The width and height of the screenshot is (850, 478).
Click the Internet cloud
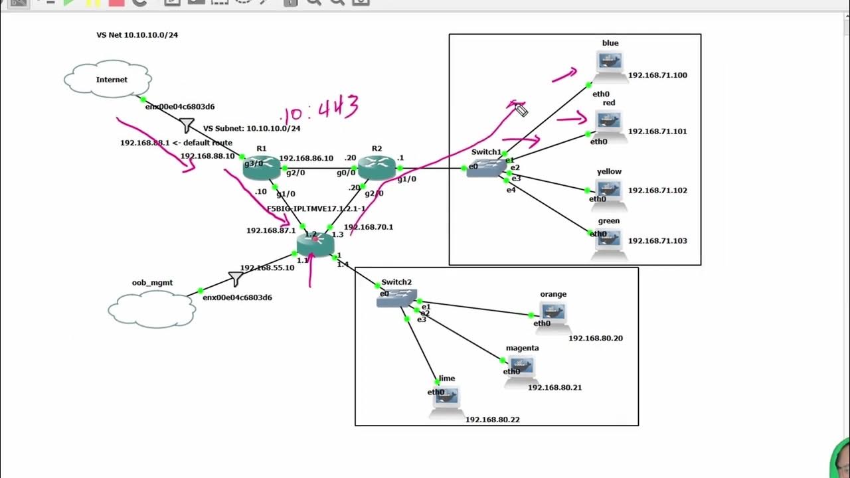point(108,80)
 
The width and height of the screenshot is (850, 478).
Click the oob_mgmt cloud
point(152,309)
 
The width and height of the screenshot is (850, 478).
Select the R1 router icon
point(261,167)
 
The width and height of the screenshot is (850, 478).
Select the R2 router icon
point(377,167)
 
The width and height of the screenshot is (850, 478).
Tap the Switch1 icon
point(486,167)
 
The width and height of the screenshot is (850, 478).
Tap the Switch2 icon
point(396,298)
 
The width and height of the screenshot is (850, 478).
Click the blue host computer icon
point(610,64)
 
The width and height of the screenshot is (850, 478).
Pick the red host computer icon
point(610,124)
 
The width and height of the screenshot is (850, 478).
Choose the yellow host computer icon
point(609,193)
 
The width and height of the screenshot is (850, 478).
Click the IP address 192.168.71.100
point(657,75)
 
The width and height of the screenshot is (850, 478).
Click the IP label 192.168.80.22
point(492,420)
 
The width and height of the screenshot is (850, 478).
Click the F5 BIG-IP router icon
point(315,244)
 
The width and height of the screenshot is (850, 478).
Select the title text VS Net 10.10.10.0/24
point(137,35)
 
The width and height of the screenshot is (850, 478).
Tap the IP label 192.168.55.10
point(267,268)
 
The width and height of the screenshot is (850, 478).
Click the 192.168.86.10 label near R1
point(306,159)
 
